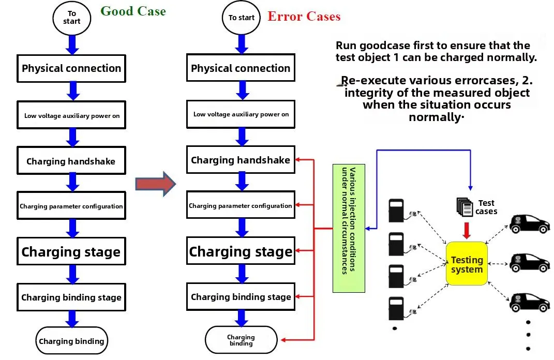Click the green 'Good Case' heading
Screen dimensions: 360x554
pyautogui.click(x=133, y=11)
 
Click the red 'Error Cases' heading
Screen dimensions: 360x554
pyautogui.click(x=304, y=17)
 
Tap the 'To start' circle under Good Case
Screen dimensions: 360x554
pyautogui.click(x=72, y=18)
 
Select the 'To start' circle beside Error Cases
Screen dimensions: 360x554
pyautogui.click(x=242, y=18)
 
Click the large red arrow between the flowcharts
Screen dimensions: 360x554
pyautogui.click(x=156, y=184)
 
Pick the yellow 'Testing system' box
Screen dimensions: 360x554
pyautogui.click(x=467, y=264)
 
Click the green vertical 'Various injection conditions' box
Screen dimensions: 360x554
pyautogui.click(x=349, y=220)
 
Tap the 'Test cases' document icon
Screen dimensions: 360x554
pyautogui.click(x=465, y=207)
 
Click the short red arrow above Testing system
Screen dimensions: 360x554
pyautogui.click(x=467, y=230)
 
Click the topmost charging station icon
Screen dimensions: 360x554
pyautogui.click(x=396, y=209)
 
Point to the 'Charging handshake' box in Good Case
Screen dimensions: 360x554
pyautogui.click(x=71, y=161)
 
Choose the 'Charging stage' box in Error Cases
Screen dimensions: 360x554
pyautogui.click(x=241, y=251)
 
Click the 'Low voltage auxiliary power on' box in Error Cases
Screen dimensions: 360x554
pyautogui.click(x=241, y=114)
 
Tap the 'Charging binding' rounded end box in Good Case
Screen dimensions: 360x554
pyautogui.click(x=71, y=341)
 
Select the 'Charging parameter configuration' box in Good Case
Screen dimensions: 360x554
pyautogui.click(x=71, y=206)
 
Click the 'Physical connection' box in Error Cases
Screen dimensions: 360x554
pyautogui.click(x=241, y=68)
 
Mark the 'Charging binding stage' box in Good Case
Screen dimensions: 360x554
pyautogui.click(x=71, y=297)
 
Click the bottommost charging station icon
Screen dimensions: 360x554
pyautogui.click(x=396, y=308)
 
